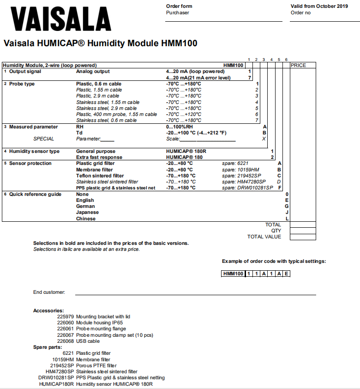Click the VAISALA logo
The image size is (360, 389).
tap(58, 19)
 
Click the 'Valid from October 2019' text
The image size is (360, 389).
tap(319, 6)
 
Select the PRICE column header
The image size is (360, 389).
tap(298, 66)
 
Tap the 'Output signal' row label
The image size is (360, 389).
tap(25, 72)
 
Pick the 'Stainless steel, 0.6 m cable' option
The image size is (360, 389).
tap(106, 120)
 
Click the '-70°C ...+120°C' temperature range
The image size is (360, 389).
tap(184, 114)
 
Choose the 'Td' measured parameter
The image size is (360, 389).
tap(79, 133)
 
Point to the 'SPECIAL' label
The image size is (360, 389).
tap(43, 139)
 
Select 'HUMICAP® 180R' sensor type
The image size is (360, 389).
tap(186, 151)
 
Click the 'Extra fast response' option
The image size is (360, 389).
tap(99, 157)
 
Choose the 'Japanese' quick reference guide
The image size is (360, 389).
tap(87, 213)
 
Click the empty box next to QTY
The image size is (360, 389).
tap(303, 231)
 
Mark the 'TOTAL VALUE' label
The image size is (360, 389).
tap(264, 237)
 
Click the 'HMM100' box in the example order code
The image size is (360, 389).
tap(233, 274)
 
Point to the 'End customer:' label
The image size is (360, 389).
tap(49, 292)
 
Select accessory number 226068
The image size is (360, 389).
tap(66, 341)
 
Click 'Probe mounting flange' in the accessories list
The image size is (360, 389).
tap(101, 329)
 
